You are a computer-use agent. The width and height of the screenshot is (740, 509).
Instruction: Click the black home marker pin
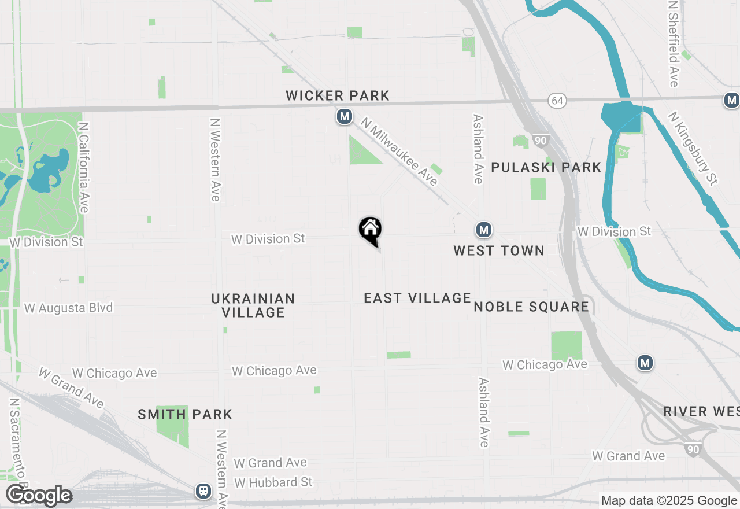[x=371, y=230]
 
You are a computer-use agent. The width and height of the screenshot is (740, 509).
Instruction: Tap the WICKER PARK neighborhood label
[x=338, y=95]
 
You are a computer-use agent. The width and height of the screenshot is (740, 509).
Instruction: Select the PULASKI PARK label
[x=546, y=167]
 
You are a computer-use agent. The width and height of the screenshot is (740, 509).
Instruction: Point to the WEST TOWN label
[x=498, y=250]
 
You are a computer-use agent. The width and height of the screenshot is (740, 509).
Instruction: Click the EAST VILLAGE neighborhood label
[x=417, y=298]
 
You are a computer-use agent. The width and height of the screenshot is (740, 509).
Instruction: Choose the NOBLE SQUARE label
[x=531, y=307]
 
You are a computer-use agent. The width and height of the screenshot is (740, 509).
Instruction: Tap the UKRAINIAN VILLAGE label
[x=253, y=305]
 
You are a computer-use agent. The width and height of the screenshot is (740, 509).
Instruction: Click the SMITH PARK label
[x=185, y=414]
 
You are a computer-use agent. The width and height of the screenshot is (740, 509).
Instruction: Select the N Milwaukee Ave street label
[x=399, y=152]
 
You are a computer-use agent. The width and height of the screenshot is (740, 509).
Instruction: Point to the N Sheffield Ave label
[x=674, y=43]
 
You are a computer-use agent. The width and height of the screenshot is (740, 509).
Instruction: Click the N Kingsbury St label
[x=693, y=148]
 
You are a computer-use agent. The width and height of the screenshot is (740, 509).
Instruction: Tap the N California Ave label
[x=84, y=167]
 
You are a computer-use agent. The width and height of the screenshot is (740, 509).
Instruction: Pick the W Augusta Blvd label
[x=68, y=308]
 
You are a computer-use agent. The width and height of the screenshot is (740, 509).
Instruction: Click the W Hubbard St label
[x=273, y=482]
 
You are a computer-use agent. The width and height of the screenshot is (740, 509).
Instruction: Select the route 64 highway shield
[x=557, y=101]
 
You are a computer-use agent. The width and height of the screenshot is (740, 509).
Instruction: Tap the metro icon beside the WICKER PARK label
[x=345, y=116]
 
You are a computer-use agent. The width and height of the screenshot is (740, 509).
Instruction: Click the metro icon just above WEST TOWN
[x=484, y=230]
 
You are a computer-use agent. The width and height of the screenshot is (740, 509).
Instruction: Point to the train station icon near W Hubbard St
[x=203, y=491]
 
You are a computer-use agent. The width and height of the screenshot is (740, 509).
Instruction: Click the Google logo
[x=39, y=496]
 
